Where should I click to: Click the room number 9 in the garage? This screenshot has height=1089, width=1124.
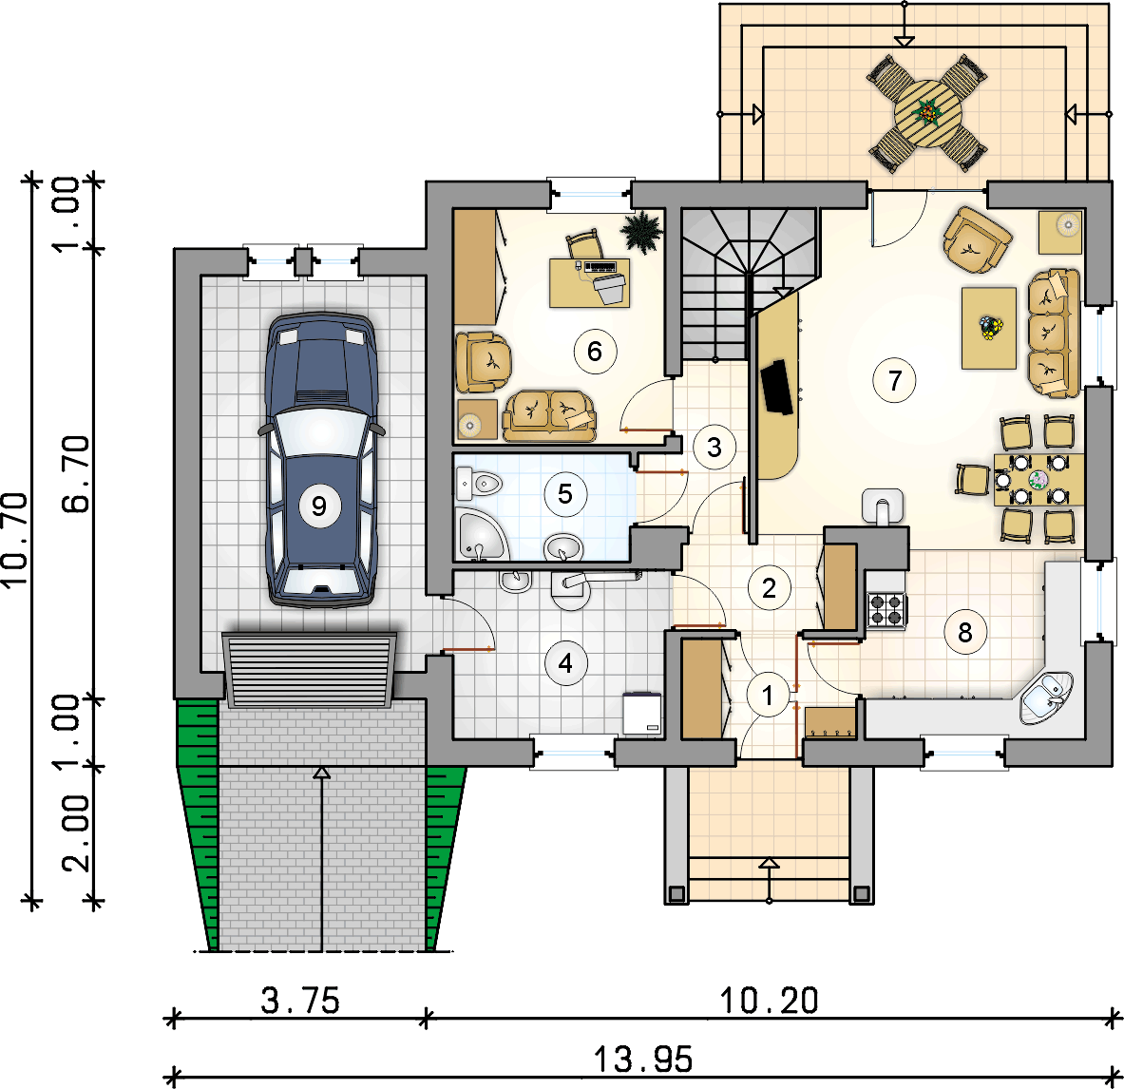319,506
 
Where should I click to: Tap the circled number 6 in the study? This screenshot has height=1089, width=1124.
595,352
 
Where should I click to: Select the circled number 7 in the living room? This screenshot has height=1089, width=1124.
895,380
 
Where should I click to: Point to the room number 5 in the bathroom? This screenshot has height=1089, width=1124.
565,494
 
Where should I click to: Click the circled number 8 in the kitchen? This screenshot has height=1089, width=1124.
965,632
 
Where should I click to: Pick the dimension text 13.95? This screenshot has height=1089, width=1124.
643,1060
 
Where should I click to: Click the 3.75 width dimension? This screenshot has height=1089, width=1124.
300,1001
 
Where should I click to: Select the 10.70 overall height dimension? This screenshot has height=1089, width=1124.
14,540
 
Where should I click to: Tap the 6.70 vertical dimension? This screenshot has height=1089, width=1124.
76,473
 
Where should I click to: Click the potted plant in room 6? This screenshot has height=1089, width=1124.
641,231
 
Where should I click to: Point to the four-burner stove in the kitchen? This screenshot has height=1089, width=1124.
886,609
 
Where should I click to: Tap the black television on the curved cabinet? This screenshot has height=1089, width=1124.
778,387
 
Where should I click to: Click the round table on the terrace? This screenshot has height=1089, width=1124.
927,113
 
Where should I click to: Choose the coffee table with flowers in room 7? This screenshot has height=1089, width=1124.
989,329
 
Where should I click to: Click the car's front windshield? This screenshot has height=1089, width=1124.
322,432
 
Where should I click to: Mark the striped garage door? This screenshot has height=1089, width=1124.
310,670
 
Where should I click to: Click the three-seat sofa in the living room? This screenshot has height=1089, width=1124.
1053,334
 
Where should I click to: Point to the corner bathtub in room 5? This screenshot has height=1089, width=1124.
479,535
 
